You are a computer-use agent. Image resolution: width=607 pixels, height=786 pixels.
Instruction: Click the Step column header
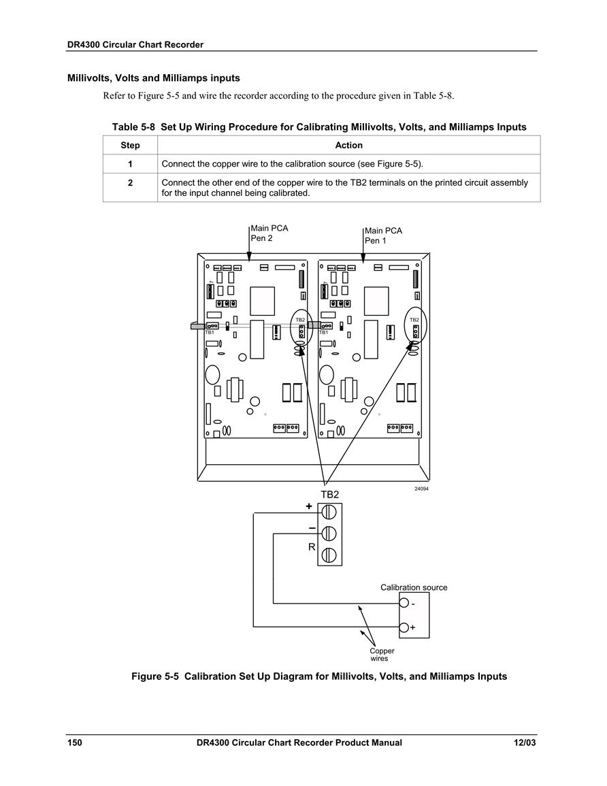(x=130, y=146)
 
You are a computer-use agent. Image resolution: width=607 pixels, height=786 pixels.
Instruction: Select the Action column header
(x=348, y=146)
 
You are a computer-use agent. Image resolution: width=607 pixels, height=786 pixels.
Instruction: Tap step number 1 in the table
(x=131, y=164)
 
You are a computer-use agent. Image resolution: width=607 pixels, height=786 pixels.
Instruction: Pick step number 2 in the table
(x=131, y=183)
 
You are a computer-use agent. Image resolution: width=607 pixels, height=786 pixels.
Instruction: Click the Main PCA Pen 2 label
(x=269, y=233)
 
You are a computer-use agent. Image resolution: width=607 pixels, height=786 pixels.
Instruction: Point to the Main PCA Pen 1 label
(x=383, y=235)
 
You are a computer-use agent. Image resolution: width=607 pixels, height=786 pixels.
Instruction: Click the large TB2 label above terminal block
(x=330, y=494)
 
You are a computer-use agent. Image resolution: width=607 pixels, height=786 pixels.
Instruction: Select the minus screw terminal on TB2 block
(x=329, y=534)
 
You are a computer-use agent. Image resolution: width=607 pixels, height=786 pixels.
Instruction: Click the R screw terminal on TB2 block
(x=329, y=555)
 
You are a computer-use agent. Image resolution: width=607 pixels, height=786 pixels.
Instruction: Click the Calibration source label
(x=414, y=587)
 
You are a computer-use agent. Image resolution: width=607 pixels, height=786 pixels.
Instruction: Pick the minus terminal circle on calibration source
(x=404, y=604)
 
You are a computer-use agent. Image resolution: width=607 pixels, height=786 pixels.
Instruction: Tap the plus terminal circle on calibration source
(x=404, y=627)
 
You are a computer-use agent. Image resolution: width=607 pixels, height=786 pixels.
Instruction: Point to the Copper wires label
(x=382, y=655)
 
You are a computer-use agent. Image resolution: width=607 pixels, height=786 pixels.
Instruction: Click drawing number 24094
(x=421, y=489)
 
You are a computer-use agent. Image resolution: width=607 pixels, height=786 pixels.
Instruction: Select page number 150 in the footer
(x=75, y=743)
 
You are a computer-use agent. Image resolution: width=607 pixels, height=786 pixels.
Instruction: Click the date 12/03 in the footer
(x=525, y=743)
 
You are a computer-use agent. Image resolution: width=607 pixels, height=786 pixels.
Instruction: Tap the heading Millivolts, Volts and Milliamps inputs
(x=154, y=78)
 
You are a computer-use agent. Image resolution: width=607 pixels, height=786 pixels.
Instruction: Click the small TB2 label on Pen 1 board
(x=414, y=320)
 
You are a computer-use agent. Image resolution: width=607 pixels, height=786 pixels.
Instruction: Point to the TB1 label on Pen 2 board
(x=210, y=332)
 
